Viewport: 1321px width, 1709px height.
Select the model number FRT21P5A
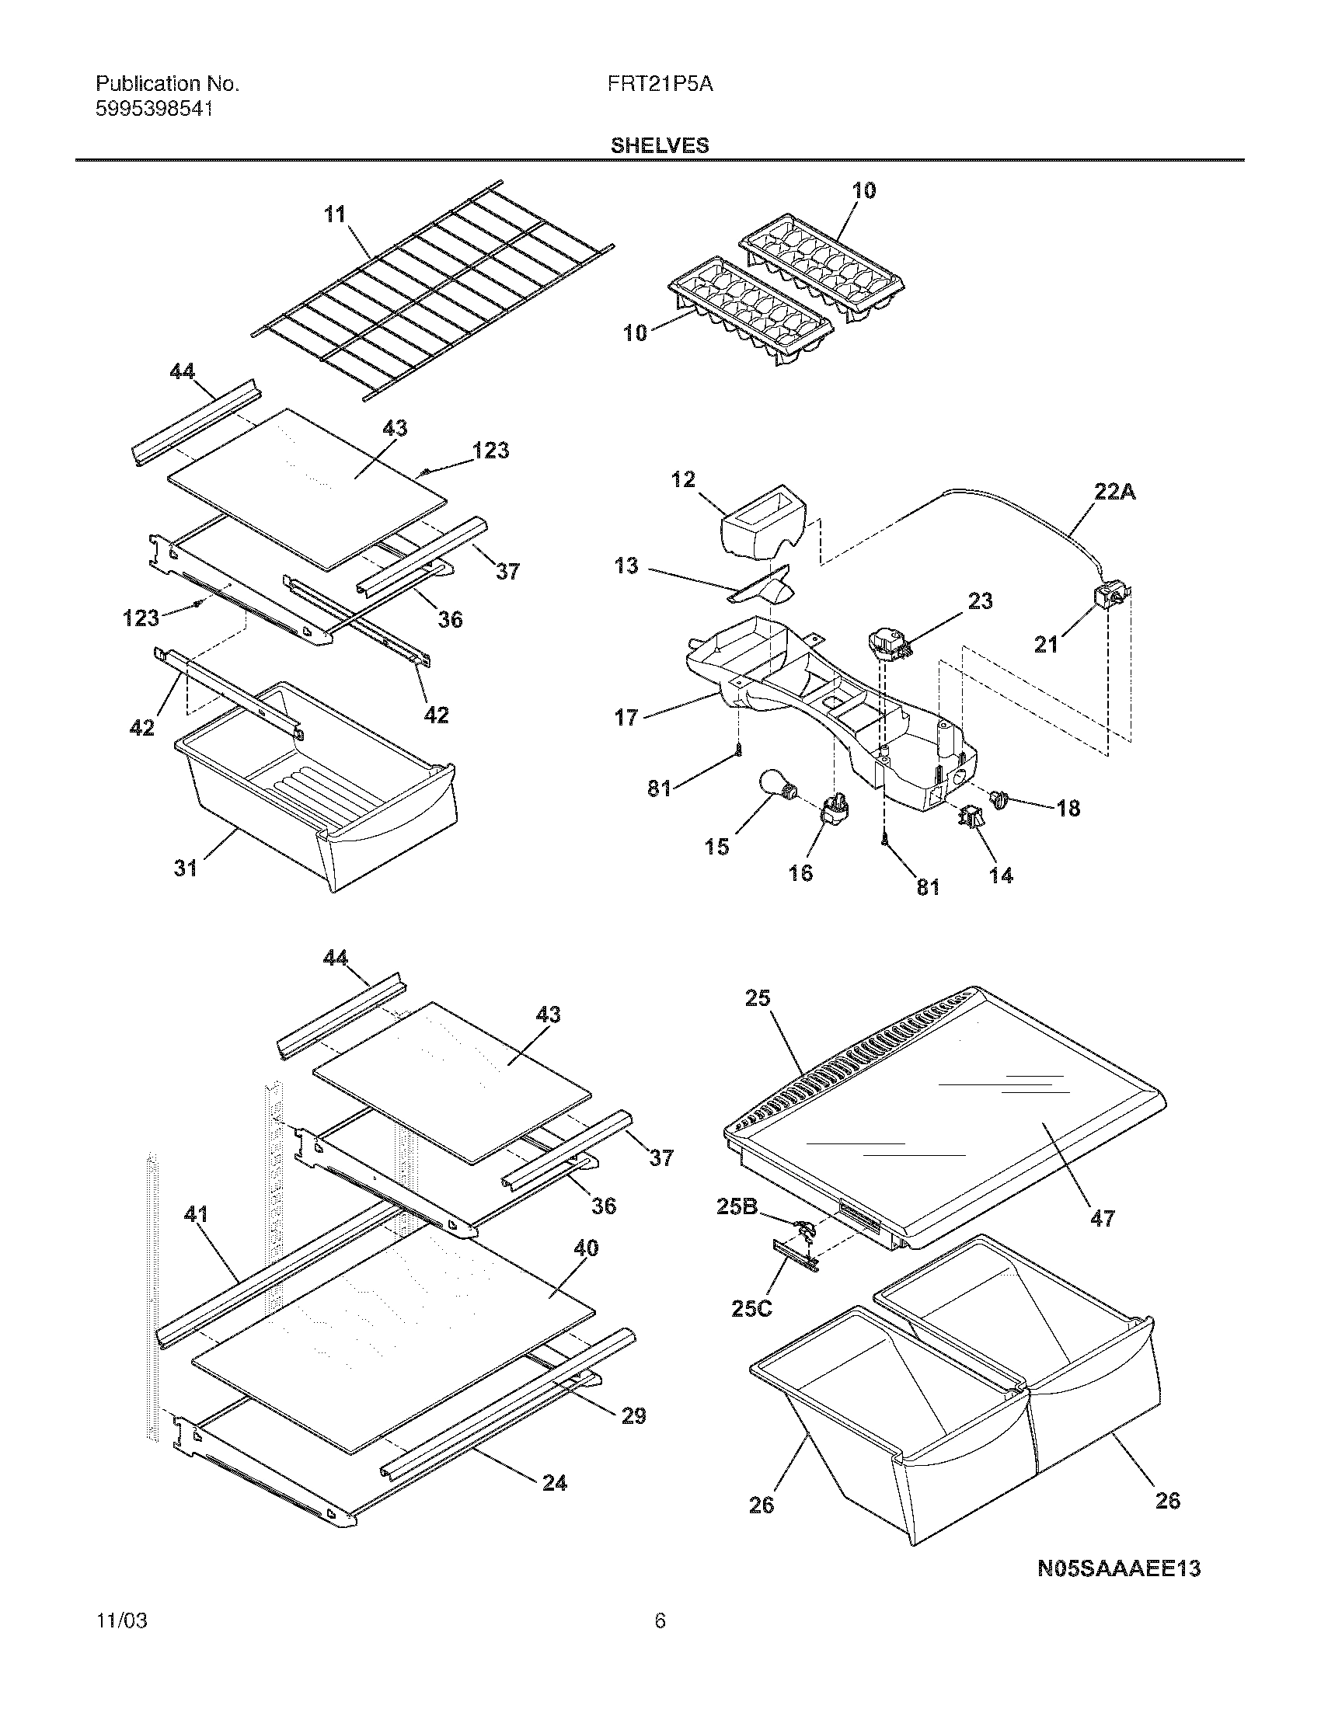(659, 85)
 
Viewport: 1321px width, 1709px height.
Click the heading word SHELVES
(660, 145)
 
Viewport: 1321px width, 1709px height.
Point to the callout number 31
(186, 868)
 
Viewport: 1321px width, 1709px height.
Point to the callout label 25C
(751, 1308)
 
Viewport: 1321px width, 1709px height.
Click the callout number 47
(1102, 1217)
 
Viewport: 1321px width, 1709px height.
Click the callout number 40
(586, 1248)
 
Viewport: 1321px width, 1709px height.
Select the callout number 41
(196, 1214)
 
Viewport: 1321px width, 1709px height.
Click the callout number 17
(626, 717)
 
